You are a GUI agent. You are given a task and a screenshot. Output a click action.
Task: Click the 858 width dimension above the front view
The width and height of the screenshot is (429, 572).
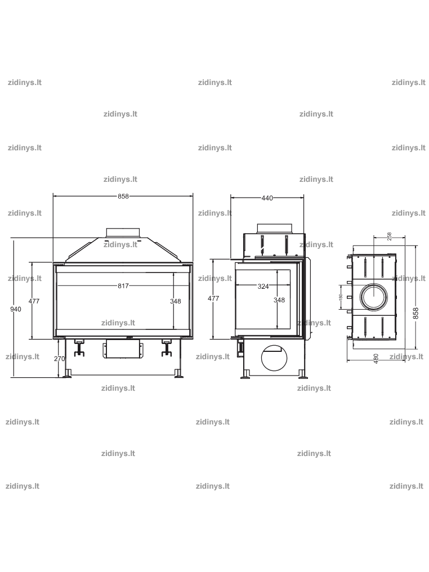click(123, 196)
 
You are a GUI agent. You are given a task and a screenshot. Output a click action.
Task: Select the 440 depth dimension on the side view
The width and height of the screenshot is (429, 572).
click(267, 198)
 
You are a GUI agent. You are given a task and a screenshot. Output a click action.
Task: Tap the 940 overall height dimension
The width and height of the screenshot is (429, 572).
click(16, 309)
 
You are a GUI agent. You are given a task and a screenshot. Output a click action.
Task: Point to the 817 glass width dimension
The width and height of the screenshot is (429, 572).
click(123, 286)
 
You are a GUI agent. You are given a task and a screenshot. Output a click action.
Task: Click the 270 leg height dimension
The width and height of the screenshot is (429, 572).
click(60, 359)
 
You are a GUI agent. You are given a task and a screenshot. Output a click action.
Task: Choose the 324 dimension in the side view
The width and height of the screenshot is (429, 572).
click(263, 287)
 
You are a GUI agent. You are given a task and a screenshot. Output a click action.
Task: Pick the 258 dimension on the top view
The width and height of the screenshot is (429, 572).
click(389, 236)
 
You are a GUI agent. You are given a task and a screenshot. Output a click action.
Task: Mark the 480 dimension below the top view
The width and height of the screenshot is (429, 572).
click(376, 358)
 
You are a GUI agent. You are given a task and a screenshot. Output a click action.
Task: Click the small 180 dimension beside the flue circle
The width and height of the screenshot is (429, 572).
click(341, 297)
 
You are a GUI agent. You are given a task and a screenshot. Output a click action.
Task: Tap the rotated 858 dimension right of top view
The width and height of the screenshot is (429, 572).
click(415, 314)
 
